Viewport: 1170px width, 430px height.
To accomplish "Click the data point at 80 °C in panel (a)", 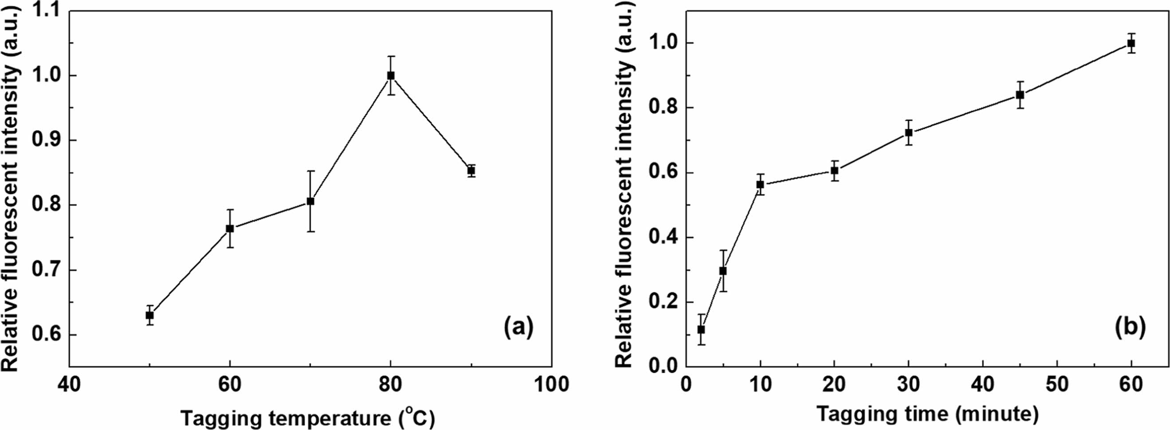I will pos(390,76).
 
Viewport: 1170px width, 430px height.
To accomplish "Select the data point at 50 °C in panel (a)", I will pos(150,315).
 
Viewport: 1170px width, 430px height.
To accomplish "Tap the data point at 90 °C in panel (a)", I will pos(472,171).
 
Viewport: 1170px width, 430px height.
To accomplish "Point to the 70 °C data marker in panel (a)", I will pos(311,201).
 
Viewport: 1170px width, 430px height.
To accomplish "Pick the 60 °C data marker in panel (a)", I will pos(230,228).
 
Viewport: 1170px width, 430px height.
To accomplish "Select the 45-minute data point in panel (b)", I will pos(1020,95).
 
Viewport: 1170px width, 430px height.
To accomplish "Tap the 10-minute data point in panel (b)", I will pos(760,184).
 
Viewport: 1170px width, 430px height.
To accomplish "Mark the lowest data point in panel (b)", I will pos(701,329).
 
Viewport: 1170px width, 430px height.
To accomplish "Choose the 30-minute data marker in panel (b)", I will pos(908,133).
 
